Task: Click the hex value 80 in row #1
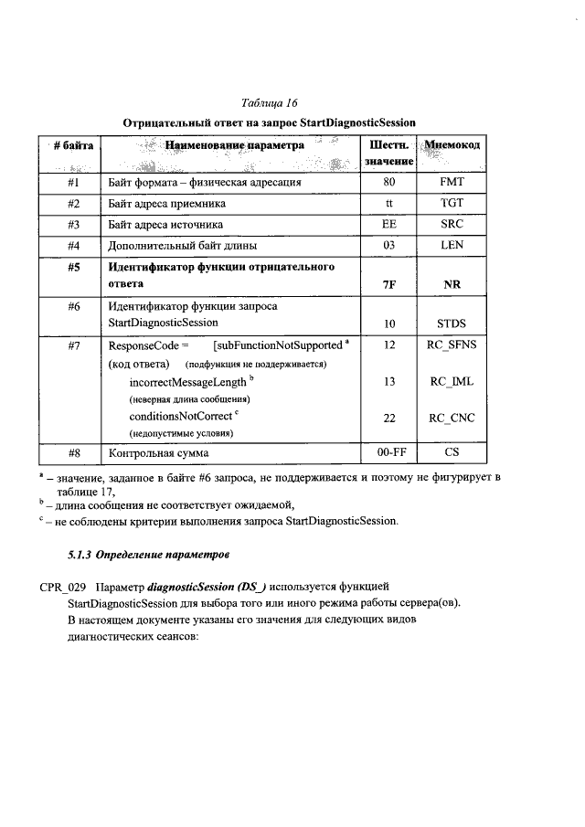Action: pos(389,182)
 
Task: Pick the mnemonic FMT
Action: pos(452,182)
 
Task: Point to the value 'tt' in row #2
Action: pos(389,203)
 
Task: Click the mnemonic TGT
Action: pos(452,203)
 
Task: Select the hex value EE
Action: pos(389,225)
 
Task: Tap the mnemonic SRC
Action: pos(452,225)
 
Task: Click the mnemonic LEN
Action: pos(452,246)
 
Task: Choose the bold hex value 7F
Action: pos(389,284)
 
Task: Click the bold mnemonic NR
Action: pos(452,284)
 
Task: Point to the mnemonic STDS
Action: pos(452,323)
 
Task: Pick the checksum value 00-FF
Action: pos(389,452)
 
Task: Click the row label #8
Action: pos(75,452)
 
